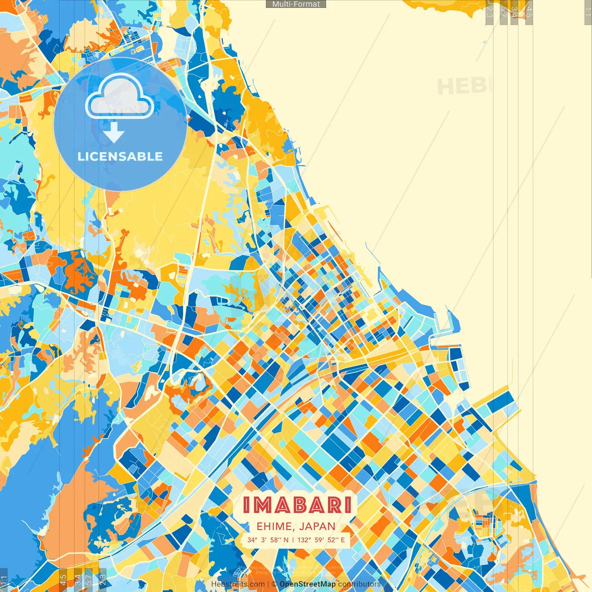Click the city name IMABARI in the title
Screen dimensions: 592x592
point(297,505)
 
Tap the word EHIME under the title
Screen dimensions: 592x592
point(273,526)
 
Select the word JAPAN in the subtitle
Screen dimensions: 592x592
point(317,526)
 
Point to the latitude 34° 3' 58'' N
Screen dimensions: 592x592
point(268,540)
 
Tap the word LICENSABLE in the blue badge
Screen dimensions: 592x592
point(120,156)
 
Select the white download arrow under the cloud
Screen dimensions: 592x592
point(114,132)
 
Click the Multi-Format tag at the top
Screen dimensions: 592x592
point(296,4)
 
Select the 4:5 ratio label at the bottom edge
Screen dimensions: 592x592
point(63,580)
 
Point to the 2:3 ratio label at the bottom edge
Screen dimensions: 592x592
point(103,580)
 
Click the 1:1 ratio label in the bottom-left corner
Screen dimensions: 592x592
point(4,580)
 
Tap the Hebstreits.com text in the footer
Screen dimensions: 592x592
point(238,584)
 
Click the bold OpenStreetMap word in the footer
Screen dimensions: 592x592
point(308,584)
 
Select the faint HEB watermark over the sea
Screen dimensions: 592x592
point(462,86)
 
